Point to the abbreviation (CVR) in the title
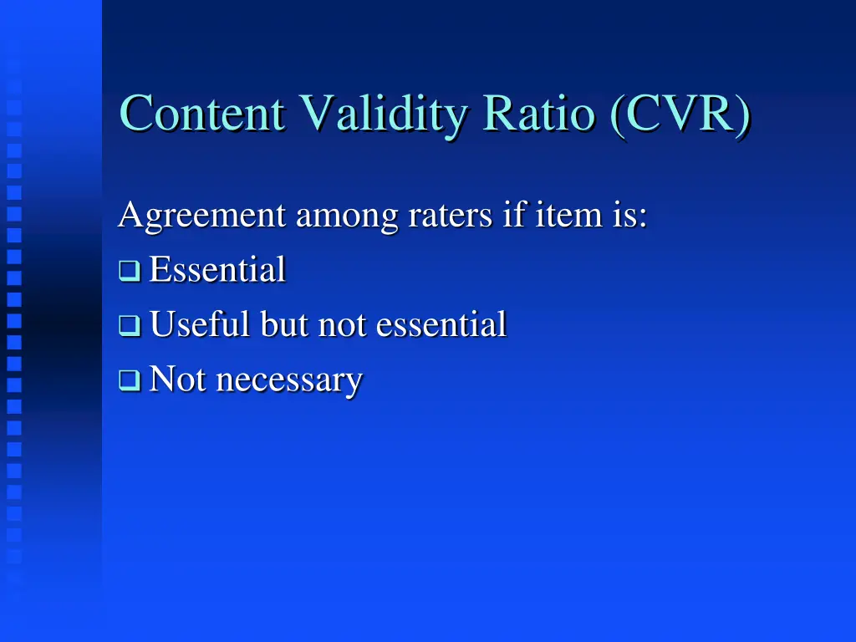678,115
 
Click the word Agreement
201,216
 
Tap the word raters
451,216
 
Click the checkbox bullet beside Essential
129,271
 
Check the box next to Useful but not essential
129,325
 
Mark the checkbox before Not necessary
129,381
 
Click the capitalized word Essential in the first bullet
217,270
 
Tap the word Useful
201,324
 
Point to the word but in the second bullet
285,324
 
